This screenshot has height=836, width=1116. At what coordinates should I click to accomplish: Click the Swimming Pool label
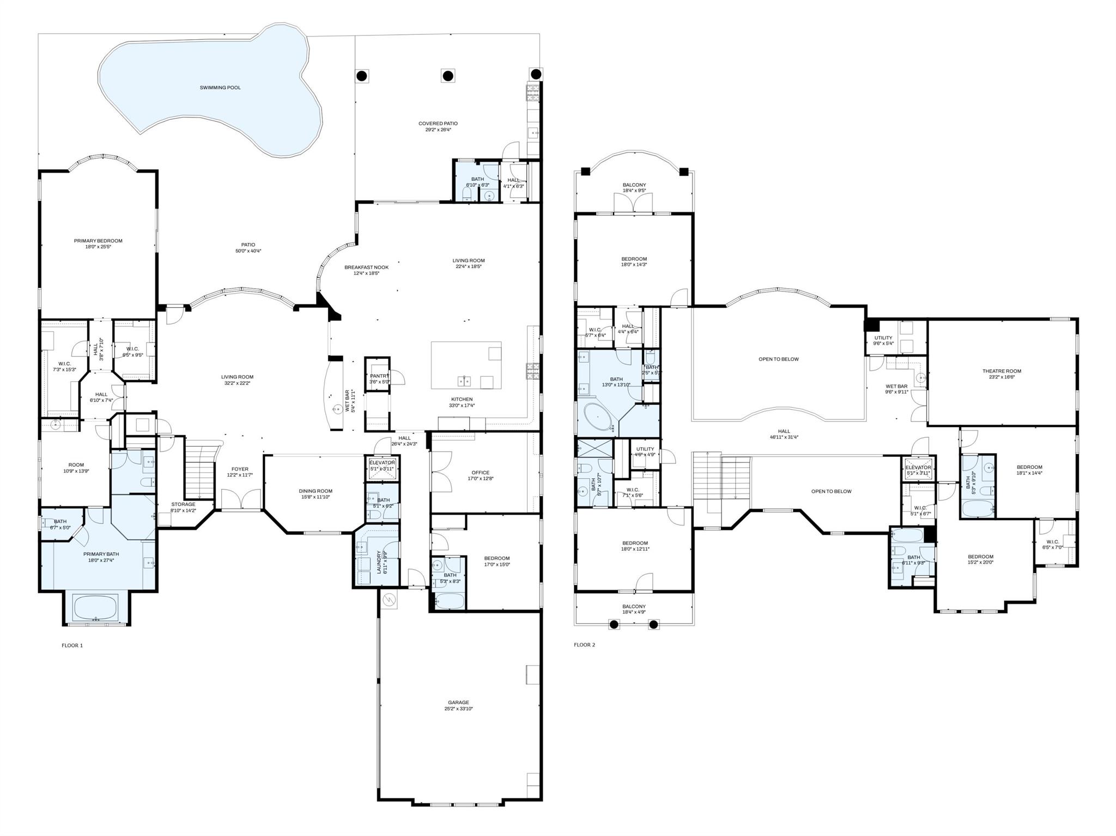point(220,88)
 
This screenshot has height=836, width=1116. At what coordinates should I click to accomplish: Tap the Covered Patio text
point(438,124)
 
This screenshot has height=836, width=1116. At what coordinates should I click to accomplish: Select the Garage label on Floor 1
point(458,703)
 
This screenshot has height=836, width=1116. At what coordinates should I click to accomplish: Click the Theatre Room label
point(1002,371)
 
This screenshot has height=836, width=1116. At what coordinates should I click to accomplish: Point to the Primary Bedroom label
point(98,241)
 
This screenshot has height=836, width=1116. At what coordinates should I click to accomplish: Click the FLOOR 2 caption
point(584,645)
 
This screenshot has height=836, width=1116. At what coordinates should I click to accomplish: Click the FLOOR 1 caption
point(72,645)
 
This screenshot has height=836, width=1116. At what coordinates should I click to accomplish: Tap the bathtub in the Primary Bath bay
point(96,607)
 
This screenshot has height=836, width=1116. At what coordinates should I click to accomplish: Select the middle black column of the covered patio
point(447,76)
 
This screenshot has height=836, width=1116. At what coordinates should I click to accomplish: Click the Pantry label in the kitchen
point(379,376)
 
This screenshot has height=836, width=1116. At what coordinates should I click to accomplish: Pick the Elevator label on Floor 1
point(382,462)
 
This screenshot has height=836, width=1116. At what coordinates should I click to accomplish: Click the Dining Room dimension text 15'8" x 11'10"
point(316,497)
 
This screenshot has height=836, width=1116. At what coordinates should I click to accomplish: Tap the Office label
point(480,473)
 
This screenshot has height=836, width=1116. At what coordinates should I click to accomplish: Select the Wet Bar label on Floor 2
point(896,386)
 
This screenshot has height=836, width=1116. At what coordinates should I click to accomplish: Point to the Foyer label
point(240,469)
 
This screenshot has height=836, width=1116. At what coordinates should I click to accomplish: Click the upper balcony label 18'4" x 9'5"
point(634,191)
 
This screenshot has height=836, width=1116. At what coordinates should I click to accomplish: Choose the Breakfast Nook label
point(366,267)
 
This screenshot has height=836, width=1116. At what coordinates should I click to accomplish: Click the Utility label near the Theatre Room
point(883,338)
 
